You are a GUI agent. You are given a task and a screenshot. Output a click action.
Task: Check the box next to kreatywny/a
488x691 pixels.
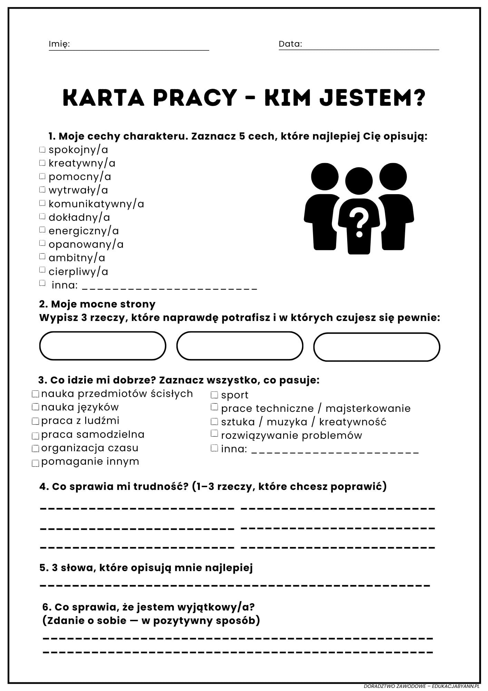pos(42,163)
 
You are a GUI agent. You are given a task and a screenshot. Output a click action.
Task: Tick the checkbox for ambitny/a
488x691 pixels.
pos(42,256)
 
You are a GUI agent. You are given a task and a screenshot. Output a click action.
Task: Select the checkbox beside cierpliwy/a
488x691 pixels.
pos(42,270)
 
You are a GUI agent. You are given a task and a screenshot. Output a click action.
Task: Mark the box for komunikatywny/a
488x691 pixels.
pos(42,203)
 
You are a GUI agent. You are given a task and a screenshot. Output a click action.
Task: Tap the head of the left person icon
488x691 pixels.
pos(324,176)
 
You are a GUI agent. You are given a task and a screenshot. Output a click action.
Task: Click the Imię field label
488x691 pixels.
pos(59,44)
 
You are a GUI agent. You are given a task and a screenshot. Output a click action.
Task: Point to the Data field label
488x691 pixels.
pos(290,44)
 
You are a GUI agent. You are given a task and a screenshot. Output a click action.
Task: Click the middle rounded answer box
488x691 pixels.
pos(240,346)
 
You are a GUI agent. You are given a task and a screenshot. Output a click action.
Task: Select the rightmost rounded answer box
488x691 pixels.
pos(377,347)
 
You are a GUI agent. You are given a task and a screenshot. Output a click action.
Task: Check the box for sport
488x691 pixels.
pos(214,395)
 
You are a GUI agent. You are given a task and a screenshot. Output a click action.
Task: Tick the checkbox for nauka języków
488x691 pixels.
pos(35,407)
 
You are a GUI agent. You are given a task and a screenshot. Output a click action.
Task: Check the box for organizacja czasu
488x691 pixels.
pos(35,448)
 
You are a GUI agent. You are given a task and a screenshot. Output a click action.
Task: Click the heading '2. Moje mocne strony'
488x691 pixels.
pos(97,304)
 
